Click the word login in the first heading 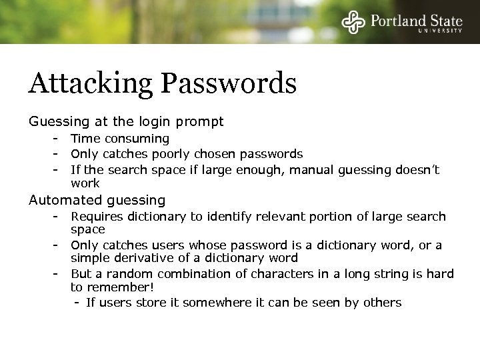point(151,122)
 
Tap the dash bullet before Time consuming point(58,139)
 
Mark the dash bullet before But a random point(58,274)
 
